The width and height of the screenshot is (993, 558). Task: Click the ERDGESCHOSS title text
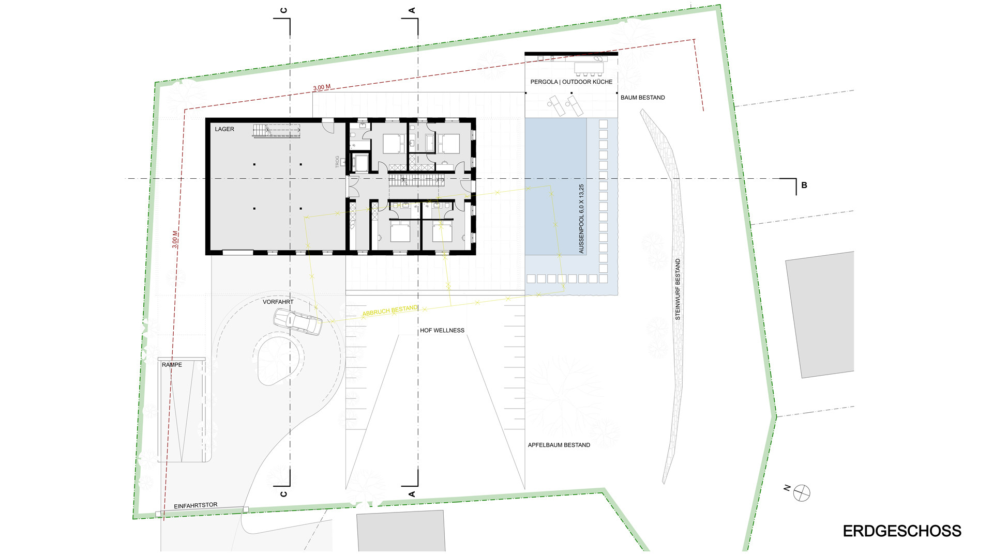[902, 531]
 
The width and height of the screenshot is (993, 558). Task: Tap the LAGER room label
[224, 129]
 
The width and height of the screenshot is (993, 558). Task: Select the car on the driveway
[297, 322]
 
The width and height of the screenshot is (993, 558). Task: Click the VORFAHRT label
[278, 302]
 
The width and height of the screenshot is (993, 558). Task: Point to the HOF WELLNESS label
[442, 331]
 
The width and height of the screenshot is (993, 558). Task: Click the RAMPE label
[172, 365]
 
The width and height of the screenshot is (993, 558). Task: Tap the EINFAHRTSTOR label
[195, 505]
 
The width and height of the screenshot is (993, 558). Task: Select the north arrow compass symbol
[802, 493]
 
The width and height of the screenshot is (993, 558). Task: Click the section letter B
[804, 185]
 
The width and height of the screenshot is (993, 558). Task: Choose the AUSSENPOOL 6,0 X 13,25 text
[581, 219]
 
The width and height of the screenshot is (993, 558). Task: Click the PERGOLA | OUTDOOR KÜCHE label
[571, 82]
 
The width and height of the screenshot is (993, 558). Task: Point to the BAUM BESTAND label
[643, 98]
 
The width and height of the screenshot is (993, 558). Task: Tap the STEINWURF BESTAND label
[678, 289]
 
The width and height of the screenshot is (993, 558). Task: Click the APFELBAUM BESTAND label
[559, 445]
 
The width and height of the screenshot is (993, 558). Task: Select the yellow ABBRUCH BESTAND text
[390, 311]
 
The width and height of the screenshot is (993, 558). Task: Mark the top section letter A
[412, 10]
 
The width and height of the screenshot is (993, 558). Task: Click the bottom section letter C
[283, 494]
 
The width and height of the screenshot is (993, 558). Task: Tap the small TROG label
[337, 162]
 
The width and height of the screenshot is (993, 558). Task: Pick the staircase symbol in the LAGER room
[276, 131]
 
